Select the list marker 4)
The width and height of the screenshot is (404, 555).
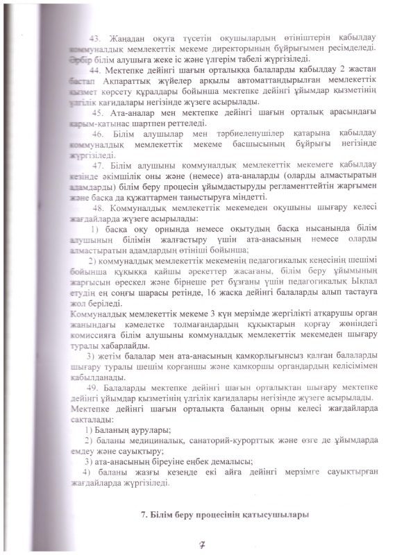78,472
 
